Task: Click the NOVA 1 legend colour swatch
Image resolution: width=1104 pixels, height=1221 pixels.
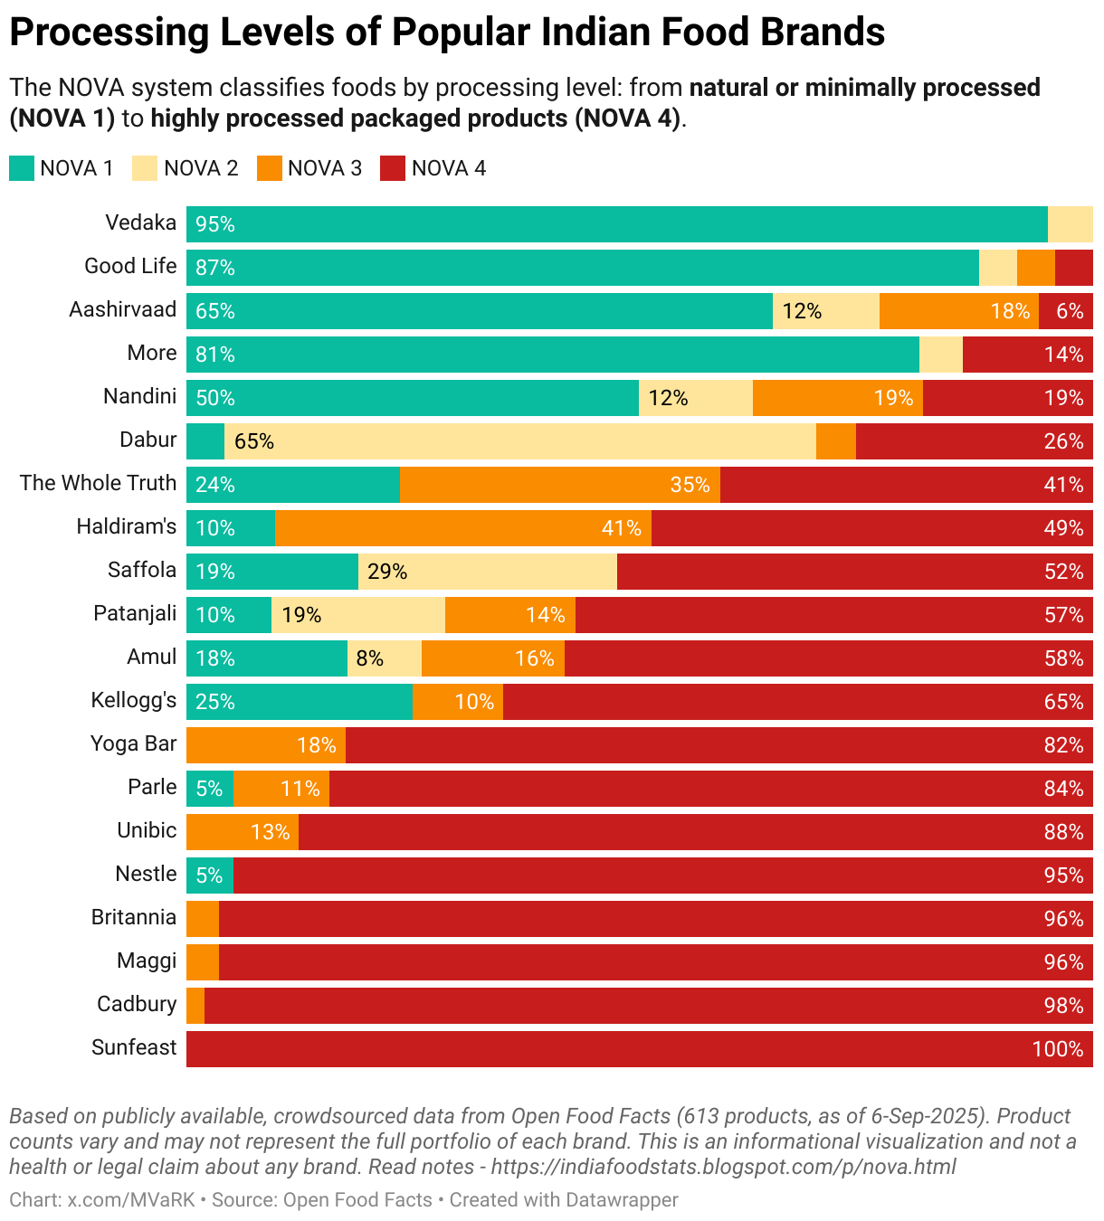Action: (x=22, y=168)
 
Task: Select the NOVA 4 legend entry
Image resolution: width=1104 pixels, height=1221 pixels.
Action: (x=433, y=168)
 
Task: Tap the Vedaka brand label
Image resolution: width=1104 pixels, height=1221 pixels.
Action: (x=140, y=222)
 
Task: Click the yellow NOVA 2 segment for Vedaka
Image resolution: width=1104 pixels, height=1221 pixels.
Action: (x=1070, y=224)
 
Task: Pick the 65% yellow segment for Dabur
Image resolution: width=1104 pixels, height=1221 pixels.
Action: (x=520, y=441)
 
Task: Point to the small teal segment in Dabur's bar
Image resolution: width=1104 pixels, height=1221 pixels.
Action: (x=205, y=441)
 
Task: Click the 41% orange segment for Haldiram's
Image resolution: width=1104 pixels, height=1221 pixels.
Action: (x=463, y=528)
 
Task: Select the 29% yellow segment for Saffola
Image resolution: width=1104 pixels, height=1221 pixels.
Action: (x=488, y=572)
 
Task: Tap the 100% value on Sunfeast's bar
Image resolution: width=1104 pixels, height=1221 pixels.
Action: (x=1057, y=1049)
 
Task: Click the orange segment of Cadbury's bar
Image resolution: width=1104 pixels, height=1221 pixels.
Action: (x=195, y=1006)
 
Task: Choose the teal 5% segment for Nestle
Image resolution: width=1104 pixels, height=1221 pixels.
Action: (x=210, y=876)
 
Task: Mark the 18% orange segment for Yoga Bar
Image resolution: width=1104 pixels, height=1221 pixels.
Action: (x=266, y=745)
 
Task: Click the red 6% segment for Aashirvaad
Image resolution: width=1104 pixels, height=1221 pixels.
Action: (x=1066, y=311)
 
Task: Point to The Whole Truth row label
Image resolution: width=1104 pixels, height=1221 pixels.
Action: (x=98, y=483)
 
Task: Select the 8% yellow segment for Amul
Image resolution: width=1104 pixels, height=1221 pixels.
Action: (x=385, y=658)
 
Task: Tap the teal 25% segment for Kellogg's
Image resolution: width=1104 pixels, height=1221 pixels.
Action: (x=300, y=702)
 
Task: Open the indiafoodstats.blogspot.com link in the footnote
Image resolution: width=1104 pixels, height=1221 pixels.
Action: (x=723, y=1167)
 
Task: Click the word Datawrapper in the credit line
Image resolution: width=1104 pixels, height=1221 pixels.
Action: (x=622, y=1200)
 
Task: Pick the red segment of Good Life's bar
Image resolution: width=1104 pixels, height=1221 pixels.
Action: (x=1074, y=268)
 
